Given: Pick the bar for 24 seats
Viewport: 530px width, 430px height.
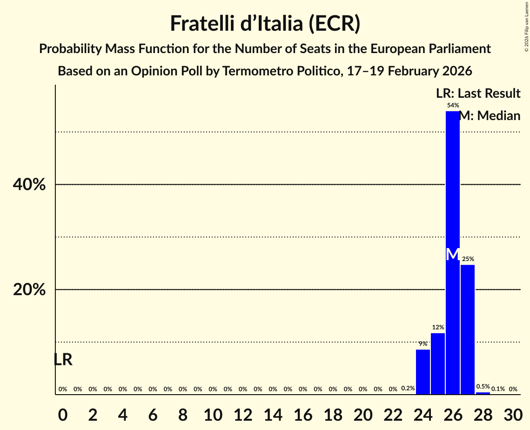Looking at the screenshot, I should (423, 372).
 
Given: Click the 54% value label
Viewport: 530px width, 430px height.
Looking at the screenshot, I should (453, 106).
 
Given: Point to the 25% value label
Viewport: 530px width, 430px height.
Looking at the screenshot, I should (468, 259).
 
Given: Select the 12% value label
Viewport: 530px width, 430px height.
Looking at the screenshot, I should (438, 328).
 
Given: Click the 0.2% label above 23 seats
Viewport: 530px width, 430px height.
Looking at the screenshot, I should (408, 389).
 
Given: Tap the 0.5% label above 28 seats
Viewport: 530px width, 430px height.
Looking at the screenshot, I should (483, 387).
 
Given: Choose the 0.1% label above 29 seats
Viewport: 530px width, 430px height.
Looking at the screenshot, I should (498, 389).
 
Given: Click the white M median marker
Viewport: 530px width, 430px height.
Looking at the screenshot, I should (452, 255).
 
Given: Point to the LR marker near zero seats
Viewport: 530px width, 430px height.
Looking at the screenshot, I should (63, 360).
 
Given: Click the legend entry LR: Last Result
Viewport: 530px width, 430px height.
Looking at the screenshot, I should (478, 94).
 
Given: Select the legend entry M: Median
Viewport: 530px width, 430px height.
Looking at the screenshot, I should (490, 116).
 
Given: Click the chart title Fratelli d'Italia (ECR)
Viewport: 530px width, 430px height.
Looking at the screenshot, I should (265, 24).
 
